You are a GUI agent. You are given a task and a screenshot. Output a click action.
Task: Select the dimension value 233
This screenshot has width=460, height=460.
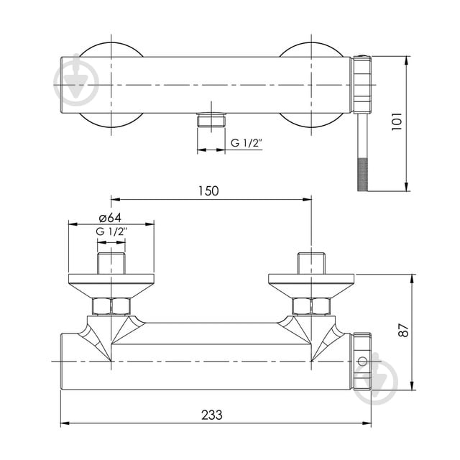[211, 415]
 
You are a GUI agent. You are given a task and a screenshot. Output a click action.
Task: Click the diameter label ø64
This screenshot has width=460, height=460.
[111, 218]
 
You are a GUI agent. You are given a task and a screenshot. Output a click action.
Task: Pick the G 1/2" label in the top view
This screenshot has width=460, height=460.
[246, 143]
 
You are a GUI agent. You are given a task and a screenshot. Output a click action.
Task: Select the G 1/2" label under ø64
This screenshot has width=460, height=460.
[111, 231]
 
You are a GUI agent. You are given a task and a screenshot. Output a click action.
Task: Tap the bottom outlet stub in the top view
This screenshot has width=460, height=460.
[211, 119]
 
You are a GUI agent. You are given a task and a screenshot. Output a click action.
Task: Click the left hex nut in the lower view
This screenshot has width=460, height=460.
[111, 307]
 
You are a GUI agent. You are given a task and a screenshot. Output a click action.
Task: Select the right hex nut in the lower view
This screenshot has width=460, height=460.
[311, 307]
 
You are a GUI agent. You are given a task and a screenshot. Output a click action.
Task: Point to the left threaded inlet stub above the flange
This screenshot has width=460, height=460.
[111, 263]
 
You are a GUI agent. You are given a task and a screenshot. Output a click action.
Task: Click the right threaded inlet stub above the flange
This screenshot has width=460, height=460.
[311, 263]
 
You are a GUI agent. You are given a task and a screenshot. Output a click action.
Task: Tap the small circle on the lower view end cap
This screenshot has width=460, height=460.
[362, 360]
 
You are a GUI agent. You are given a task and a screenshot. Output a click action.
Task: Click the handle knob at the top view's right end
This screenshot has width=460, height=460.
[360, 85]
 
